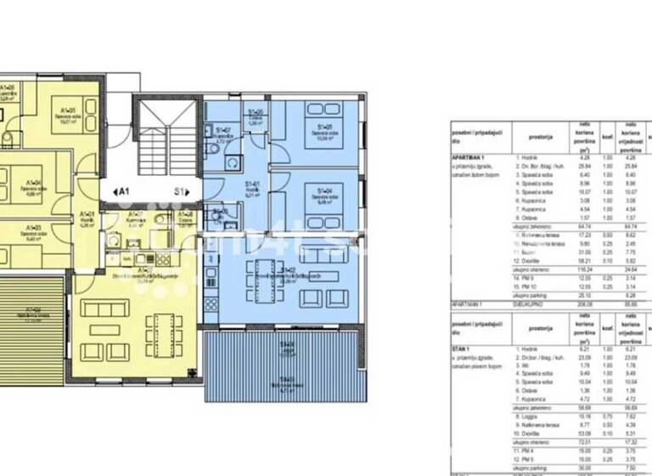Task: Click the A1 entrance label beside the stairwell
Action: (x=121, y=192)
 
